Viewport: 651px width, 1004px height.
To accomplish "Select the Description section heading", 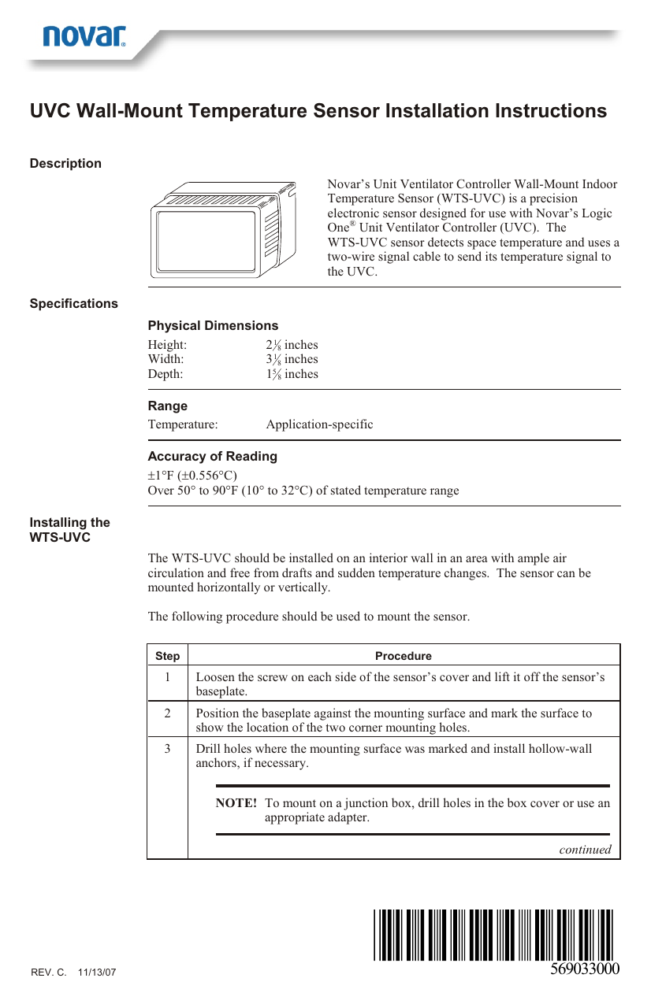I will click(x=65, y=164).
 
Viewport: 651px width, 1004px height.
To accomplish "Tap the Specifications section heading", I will click(x=74, y=304).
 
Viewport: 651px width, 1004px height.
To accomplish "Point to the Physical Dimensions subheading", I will click(x=213, y=326).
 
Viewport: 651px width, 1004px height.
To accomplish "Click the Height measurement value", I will click(x=292, y=345).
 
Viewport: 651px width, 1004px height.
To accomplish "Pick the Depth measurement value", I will click(x=292, y=374).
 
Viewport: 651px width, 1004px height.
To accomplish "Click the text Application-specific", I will click(x=319, y=424).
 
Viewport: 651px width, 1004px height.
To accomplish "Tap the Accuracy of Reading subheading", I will click(x=213, y=457).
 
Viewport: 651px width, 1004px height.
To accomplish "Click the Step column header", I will click(x=167, y=656).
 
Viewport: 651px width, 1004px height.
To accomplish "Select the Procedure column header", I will click(x=404, y=656).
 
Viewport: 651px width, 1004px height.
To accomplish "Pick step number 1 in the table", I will click(x=167, y=677).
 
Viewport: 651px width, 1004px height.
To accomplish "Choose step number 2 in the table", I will click(x=167, y=713).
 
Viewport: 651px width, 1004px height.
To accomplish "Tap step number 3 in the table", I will click(x=167, y=749).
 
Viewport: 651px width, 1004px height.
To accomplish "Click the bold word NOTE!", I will click(x=236, y=803).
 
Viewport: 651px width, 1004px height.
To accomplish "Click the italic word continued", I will click(x=585, y=850).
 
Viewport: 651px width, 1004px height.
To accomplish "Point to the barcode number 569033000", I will click(x=585, y=969).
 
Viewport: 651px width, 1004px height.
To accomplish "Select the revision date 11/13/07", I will click(x=97, y=973).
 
